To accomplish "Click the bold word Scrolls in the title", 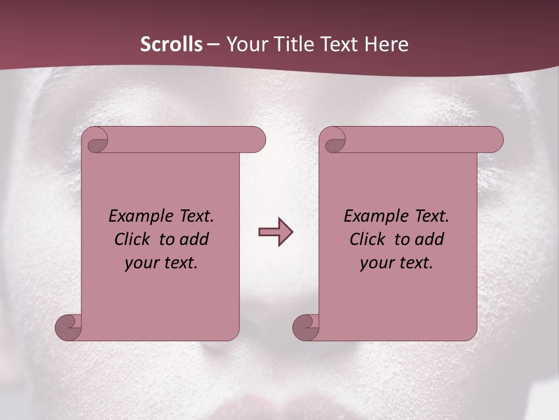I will point(171,44).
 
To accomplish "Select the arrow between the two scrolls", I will point(275,232).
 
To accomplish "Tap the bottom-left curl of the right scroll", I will point(306,328).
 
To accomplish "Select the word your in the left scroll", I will point(140,263).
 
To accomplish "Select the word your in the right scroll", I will point(376,263).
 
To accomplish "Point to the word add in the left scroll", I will point(193,239).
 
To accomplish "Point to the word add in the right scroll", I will point(429,239).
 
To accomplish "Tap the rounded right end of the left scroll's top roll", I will point(256,139).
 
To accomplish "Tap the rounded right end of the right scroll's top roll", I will point(494,139).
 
